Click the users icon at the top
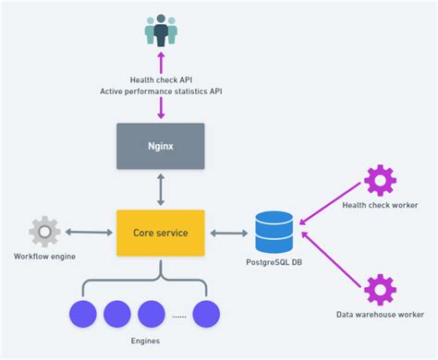[x=161, y=30]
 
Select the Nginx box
[x=160, y=146]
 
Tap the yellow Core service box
[x=160, y=233]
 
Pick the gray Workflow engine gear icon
[x=44, y=232]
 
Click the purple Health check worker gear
[x=379, y=179]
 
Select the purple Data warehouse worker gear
[x=379, y=289]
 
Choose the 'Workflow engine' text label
[x=44, y=256]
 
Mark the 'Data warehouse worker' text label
[x=380, y=315]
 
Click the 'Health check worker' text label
[x=380, y=204]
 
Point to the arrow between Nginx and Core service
[x=160, y=189]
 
